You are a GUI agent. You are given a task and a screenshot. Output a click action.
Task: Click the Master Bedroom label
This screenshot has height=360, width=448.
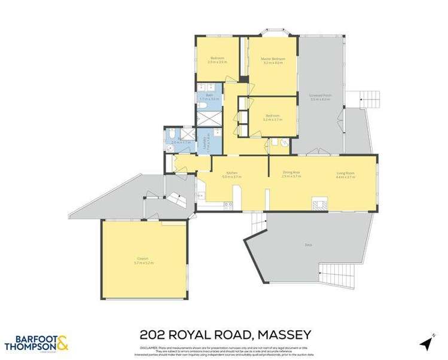pos(273,59)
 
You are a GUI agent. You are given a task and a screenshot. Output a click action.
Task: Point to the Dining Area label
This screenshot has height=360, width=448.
pos(291,173)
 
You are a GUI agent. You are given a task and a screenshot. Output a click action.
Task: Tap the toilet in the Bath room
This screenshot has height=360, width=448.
pos(203,106)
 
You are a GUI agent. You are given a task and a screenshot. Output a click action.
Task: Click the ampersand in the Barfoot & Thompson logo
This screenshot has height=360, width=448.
pos(62,343)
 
